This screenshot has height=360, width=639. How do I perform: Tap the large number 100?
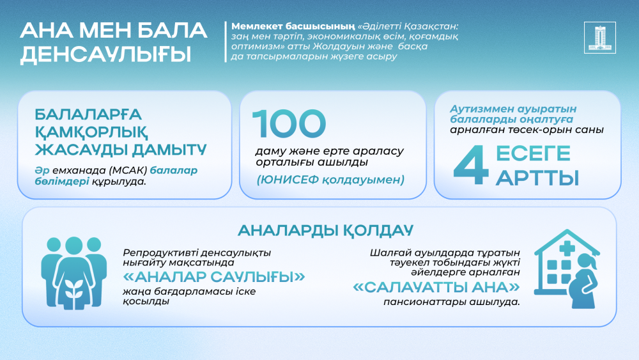[289, 124]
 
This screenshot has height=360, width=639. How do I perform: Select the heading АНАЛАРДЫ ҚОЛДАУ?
[325, 230]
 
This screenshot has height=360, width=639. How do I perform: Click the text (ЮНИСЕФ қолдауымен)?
[331, 180]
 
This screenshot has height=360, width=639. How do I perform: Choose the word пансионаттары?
[423, 301]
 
